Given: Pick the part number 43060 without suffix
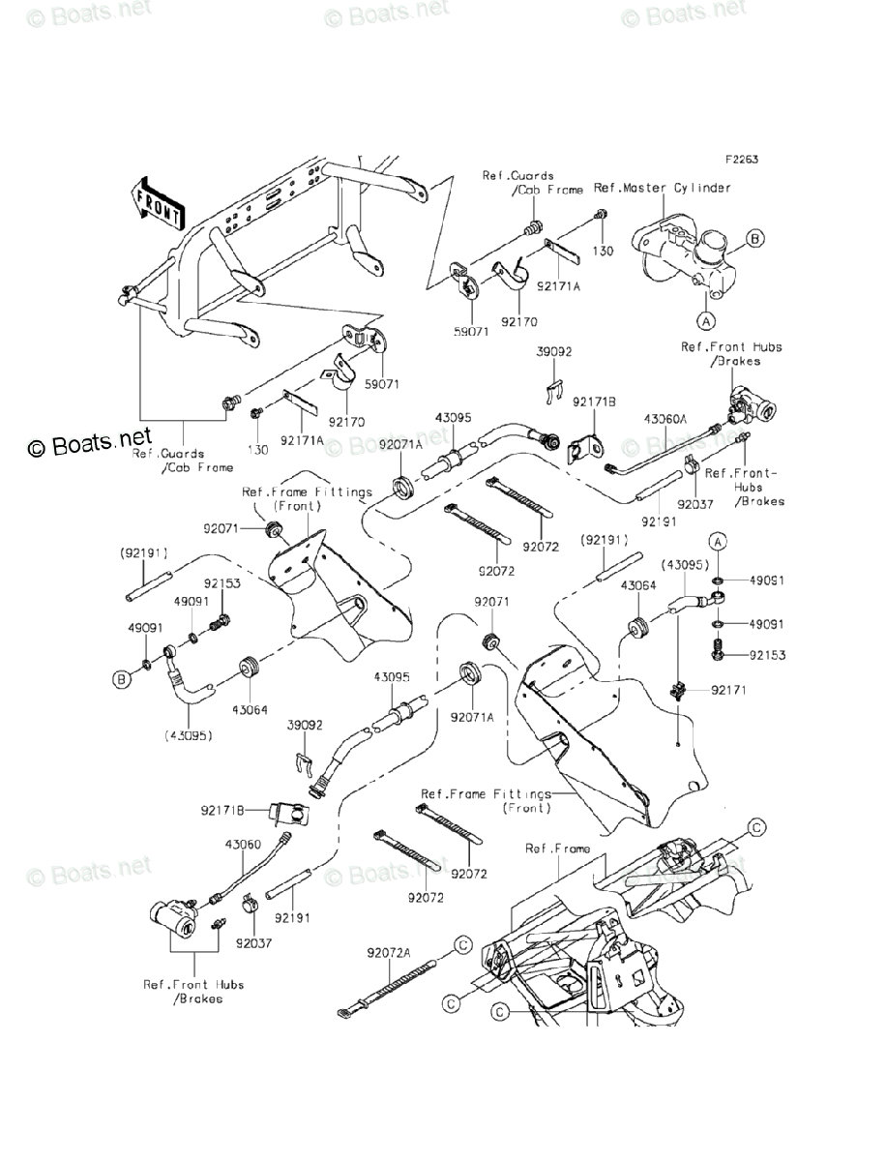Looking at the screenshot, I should point(243,844).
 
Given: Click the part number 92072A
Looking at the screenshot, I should point(389,952).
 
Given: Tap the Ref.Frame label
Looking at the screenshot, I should point(557,848).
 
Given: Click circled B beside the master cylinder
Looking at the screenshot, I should point(755,237).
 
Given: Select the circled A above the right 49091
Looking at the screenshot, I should point(717,539).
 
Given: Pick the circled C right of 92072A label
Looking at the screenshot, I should point(462,944).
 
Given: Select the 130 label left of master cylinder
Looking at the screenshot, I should point(603,250).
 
